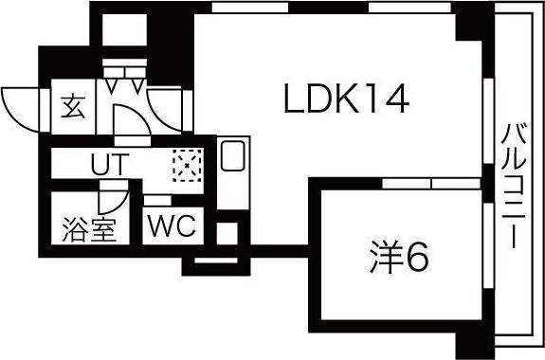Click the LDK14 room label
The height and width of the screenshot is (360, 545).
pyautogui.click(x=347, y=99)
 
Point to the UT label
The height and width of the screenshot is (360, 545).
pyautogui.click(x=108, y=164)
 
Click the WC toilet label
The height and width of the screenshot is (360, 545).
pyautogui.click(x=171, y=227)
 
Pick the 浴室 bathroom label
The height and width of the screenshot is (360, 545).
pyautogui.click(x=90, y=229)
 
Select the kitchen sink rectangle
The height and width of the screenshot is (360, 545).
pyautogui.click(x=232, y=155)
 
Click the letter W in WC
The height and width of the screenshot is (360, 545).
pyautogui.click(x=162, y=227)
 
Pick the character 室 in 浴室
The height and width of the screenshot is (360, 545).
pyautogui.click(x=102, y=229)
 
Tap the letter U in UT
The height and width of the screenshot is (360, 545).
pyautogui.click(x=100, y=164)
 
